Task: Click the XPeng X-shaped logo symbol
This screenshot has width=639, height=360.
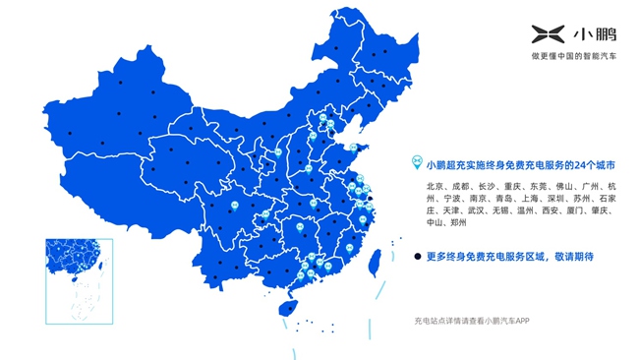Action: pyautogui.click(x=543, y=36)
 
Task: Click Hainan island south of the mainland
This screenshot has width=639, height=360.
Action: pyautogui.click(x=286, y=308)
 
